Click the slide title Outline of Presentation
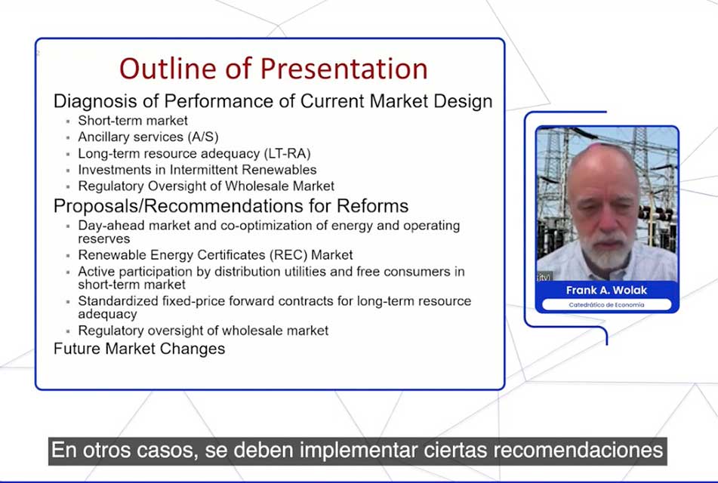[273, 69]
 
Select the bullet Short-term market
[133, 121]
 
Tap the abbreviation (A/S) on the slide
[203, 137]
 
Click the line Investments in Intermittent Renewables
[197, 170]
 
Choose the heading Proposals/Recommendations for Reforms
[231, 206]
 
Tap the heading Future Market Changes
[139, 349]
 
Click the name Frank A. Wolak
[606, 291]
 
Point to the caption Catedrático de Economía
[606, 305]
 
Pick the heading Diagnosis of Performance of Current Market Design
[273, 102]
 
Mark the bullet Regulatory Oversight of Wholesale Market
[206, 186]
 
